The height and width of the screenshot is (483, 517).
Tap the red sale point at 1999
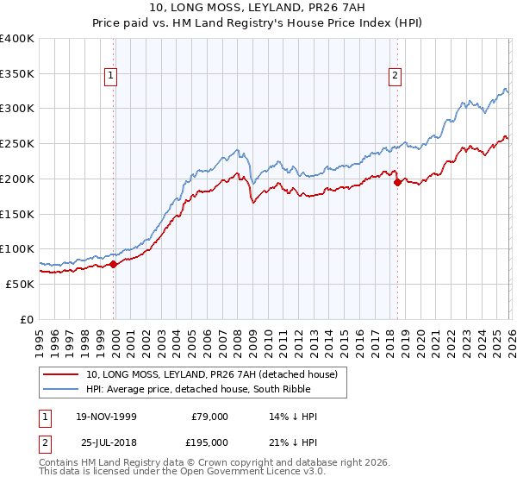coord(114,264)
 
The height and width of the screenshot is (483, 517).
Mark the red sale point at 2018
coord(397,182)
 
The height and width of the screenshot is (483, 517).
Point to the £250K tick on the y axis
coord(17,144)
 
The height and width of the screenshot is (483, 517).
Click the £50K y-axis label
coord(20,284)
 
